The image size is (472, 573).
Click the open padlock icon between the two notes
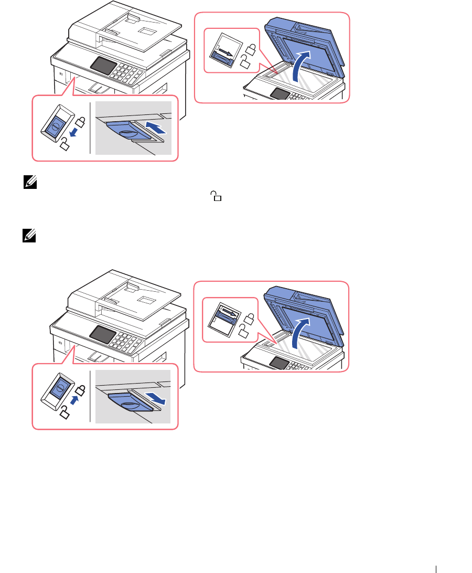point(216,197)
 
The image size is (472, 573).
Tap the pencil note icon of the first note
point(28,182)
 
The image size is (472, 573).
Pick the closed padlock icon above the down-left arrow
point(81,123)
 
